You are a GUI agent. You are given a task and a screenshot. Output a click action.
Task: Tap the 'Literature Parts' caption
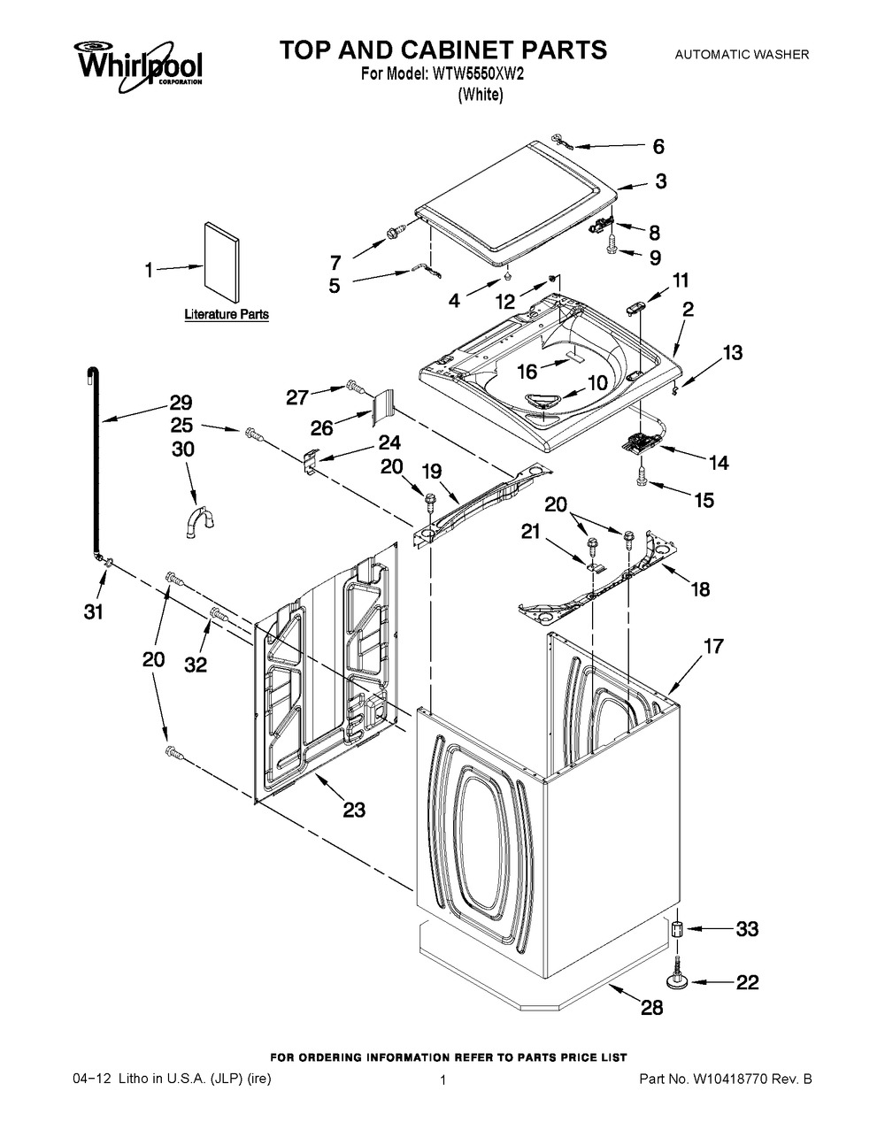[227, 315]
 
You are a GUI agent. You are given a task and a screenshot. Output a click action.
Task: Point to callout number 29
[181, 403]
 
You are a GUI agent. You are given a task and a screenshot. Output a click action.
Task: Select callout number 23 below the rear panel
[353, 809]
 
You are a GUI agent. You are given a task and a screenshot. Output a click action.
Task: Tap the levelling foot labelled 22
[676, 974]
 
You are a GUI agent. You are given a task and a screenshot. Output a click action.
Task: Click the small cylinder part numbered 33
[676, 929]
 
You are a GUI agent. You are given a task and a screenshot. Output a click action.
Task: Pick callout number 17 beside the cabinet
[714, 646]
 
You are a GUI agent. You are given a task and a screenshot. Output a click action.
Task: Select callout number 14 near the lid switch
[719, 463]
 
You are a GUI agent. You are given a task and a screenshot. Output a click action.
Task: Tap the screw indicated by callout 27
[356, 388]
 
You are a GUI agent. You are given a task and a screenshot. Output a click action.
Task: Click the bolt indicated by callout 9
[612, 245]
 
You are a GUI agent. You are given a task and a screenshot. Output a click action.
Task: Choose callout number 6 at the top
[658, 147]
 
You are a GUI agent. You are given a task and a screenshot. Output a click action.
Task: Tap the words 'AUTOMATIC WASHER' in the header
[742, 54]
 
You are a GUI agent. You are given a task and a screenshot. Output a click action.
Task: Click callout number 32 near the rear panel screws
[196, 666]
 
